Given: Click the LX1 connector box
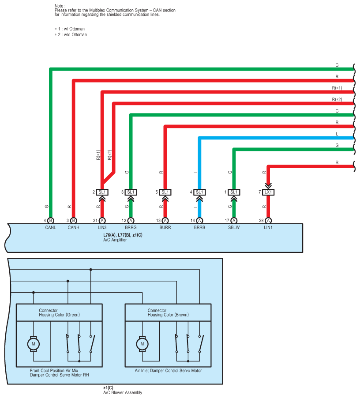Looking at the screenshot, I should [x=268, y=192].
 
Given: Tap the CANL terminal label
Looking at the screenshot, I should [x=51, y=228].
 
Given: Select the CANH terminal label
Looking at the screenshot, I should [x=74, y=228].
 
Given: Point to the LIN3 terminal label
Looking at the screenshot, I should [x=102, y=228].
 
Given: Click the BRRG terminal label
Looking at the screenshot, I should [x=131, y=228].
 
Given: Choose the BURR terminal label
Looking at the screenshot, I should [x=165, y=228].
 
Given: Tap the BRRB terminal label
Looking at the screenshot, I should [x=199, y=228].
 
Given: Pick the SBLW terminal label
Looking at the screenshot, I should [x=234, y=228].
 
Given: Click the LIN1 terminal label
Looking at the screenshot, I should [x=268, y=228].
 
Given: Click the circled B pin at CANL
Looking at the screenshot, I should [x=51, y=220].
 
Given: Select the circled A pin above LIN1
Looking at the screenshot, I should [x=268, y=220].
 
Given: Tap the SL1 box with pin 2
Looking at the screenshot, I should [x=102, y=192].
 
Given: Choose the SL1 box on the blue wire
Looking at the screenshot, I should [x=199, y=192].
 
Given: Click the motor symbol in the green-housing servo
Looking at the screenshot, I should [x=33, y=343].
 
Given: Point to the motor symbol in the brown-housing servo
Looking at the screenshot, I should [x=142, y=343].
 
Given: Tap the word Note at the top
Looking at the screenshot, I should [x=59, y=6].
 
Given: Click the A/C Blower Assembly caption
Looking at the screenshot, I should [x=123, y=392].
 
